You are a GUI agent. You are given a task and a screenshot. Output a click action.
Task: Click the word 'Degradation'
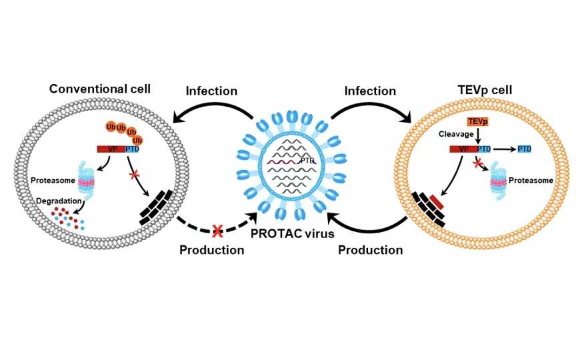tap(58, 200)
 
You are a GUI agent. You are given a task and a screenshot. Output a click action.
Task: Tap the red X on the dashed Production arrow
tap(216, 231)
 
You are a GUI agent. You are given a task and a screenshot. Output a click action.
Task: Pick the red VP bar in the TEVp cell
tap(462, 150)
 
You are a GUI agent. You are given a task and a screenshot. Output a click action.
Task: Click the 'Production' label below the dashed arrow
tap(211, 251)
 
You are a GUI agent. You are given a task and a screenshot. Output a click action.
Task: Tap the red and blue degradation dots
tap(67, 216)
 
